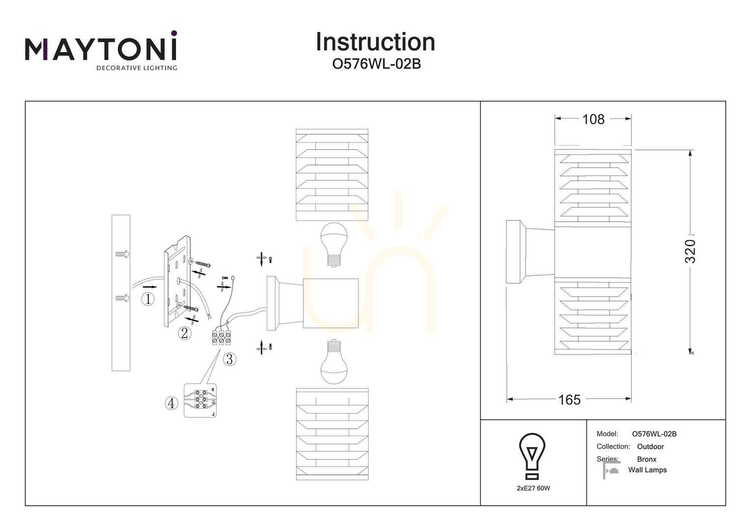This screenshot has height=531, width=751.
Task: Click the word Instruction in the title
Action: pos(375,42)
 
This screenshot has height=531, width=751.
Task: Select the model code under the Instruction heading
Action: pos(376,64)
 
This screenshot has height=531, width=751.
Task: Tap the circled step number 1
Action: pos(148,299)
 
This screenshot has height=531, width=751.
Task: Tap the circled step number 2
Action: pos(184,333)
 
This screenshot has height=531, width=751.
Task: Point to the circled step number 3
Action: pos(230,359)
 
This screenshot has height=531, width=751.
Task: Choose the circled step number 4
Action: pos(172,403)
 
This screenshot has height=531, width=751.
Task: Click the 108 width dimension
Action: pos(593,119)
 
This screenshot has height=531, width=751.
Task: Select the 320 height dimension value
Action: pos(691,251)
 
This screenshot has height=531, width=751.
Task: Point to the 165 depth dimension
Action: pos(569,400)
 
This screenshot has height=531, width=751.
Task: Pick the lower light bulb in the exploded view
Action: pos(334,361)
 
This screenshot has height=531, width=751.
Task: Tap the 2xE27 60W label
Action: pos(533,488)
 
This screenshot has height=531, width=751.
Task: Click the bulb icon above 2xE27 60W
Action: pos(532,456)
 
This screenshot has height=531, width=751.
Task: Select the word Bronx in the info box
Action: pos(647,459)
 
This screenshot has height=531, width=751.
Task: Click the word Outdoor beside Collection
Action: pos(650,446)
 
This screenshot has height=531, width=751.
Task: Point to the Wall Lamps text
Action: pos(647,470)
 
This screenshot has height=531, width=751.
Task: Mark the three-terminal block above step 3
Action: pos(222,338)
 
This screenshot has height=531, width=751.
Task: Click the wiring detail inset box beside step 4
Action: pos(200,401)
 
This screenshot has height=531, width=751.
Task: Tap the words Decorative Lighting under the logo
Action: pos(137,68)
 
